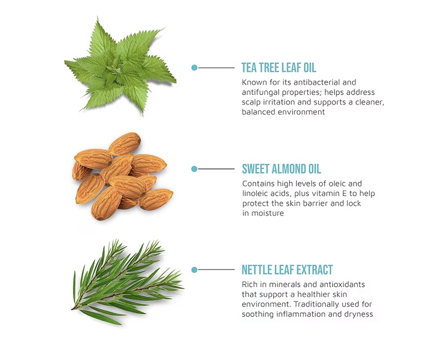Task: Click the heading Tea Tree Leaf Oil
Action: pos(279,68)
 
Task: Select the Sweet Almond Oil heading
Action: pos(281,169)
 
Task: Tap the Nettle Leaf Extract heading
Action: pos(287,270)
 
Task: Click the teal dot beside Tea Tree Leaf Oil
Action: pos(194,68)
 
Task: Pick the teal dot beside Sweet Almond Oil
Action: pos(194,169)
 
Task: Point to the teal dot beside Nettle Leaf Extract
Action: pos(194,270)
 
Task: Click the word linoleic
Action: pos(256,194)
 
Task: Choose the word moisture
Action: pos(267,213)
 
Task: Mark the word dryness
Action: pos(359,314)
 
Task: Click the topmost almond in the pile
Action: pos(124,143)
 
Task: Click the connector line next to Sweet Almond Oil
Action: pos(216,169)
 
